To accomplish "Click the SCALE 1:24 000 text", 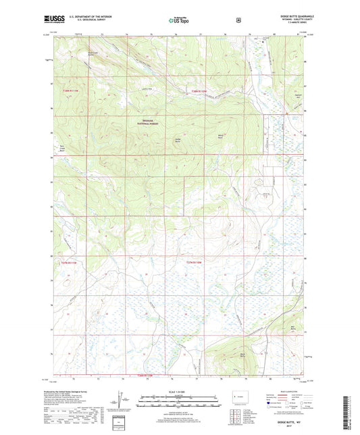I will pos(179,392).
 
